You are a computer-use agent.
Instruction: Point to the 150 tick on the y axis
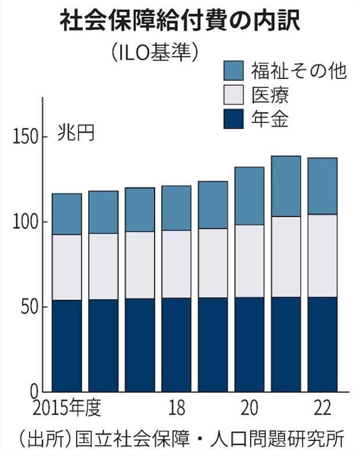24,137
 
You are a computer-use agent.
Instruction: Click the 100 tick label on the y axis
24,222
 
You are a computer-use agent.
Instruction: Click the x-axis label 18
177,408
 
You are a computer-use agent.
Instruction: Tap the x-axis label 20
250,408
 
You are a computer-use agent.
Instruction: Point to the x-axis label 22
322,408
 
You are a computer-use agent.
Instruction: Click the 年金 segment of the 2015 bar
67,345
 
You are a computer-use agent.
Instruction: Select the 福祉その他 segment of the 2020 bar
250,196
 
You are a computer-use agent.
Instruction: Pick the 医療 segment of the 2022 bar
322,255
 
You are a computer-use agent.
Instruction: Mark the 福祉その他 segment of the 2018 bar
177,208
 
